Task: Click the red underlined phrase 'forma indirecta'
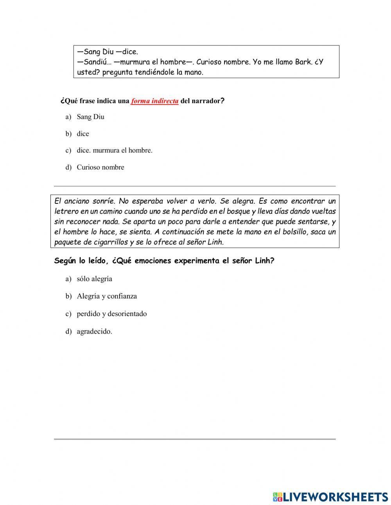pos(154,101)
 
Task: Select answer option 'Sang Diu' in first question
pos(90,117)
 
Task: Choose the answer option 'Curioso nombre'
pos(100,167)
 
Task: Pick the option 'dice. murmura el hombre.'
pos(115,150)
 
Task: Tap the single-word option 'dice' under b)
pos(83,134)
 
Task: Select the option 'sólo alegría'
pos(95,279)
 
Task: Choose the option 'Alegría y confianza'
pos(107,296)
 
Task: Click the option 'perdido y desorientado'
pos(112,314)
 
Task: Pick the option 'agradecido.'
pos(94,331)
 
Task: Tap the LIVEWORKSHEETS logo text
pos(335,497)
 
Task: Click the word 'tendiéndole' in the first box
pos(154,72)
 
